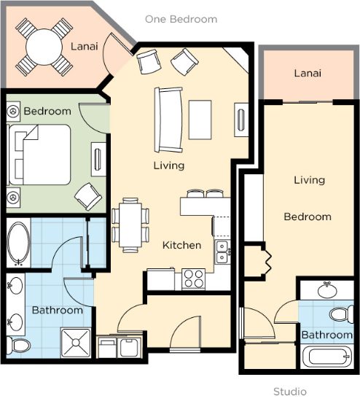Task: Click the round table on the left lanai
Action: point(44,47)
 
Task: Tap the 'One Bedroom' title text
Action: point(181,19)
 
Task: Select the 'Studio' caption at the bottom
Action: point(290,392)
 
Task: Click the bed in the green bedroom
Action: point(40,155)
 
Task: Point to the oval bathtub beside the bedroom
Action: point(18,243)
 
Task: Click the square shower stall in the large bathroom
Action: point(76,343)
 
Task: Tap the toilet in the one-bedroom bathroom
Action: point(18,345)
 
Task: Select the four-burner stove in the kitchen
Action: point(194,279)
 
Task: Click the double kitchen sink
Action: point(222,252)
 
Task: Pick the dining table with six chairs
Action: point(130,225)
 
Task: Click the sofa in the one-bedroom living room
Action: point(168,120)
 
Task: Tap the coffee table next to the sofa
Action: point(200,120)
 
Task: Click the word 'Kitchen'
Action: point(182,245)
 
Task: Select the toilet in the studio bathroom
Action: point(342,314)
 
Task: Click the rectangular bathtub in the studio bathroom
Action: point(327,357)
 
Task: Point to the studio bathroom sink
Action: point(327,290)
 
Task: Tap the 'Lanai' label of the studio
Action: point(308,73)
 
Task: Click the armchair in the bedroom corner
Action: point(88,196)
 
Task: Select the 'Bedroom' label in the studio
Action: point(308,217)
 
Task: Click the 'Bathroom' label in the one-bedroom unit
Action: point(58,310)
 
